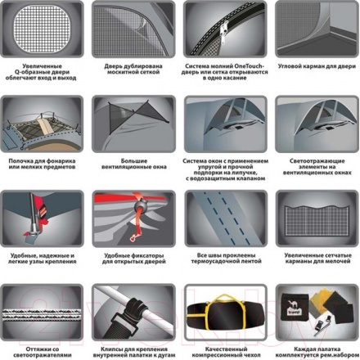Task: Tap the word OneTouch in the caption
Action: coord(249,66)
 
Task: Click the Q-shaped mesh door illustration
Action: coord(42,29)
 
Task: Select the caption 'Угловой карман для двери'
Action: coord(317,66)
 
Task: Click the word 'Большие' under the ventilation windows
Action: coord(134,161)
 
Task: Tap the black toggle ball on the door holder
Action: coord(141,205)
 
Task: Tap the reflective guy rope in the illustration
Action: coord(42,315)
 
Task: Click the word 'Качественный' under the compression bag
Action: coord(227,349)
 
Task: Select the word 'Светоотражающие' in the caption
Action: coord(317,161)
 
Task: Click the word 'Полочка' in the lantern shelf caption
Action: coord(21,161)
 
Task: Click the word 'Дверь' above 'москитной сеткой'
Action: coord(113,66)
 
